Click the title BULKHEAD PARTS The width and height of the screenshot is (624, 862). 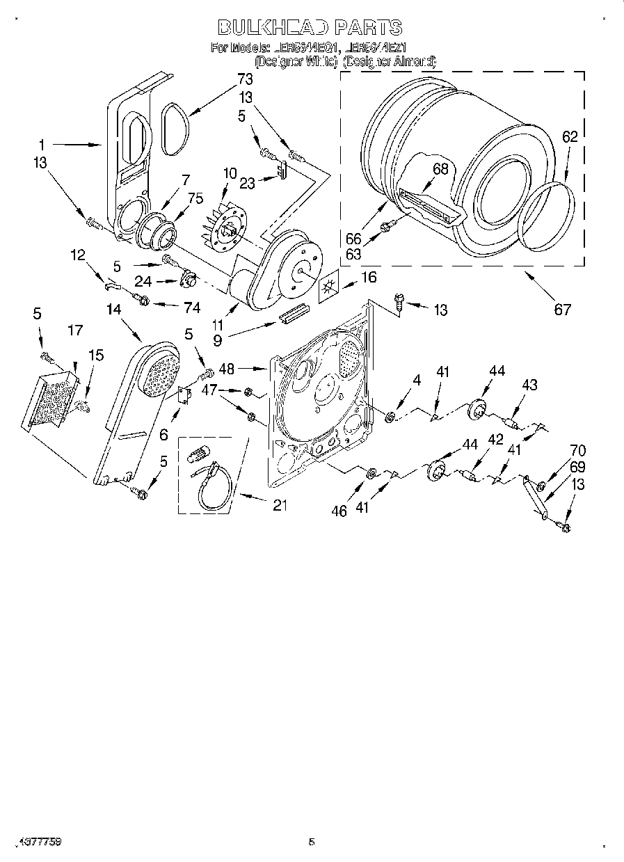310,27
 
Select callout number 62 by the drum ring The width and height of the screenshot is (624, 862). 570,137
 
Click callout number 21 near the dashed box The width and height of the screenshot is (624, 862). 279,506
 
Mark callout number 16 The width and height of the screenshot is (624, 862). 368,278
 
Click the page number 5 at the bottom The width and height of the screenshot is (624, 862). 312,843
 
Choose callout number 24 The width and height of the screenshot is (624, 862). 142,282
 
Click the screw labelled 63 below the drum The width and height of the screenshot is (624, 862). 390,225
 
